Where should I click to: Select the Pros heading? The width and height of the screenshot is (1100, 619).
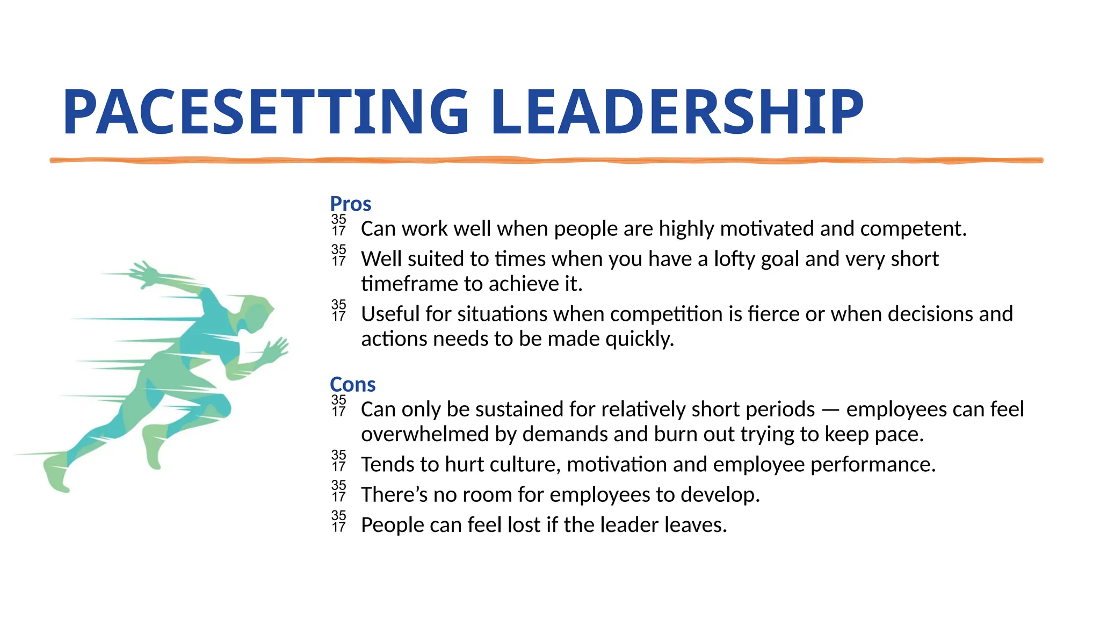click(x=350, y=204)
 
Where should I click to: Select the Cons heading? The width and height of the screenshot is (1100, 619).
click(x=352, y=385)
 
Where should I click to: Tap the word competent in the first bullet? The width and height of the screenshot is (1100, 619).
click(x=913, y=229)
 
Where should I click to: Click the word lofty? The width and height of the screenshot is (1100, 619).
click(x=735, y=260)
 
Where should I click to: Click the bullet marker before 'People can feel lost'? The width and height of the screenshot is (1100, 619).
click(x=339, y=521)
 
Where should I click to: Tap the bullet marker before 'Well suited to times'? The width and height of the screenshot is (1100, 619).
click(x=339, y=255)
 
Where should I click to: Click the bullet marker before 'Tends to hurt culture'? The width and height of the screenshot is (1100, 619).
click(x=339, y=461)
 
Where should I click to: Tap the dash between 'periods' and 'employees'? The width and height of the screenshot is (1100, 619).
click(x=830, y=410)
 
